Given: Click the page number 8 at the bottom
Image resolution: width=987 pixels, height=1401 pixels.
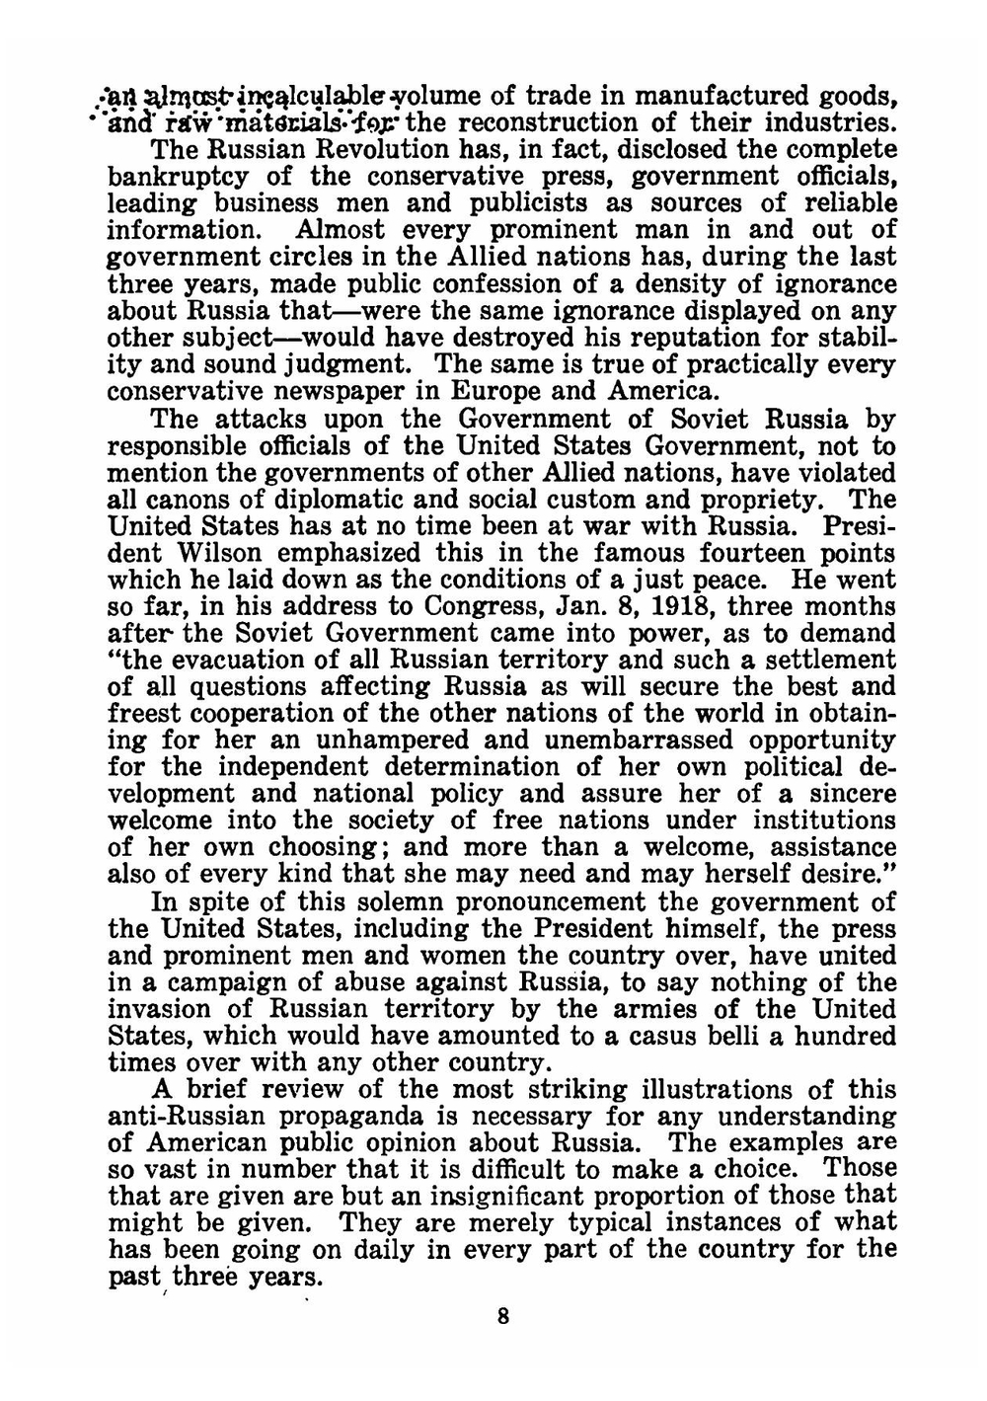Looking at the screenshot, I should pos(503,1316).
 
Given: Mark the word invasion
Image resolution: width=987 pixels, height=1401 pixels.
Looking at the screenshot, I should pos(171,1009).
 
